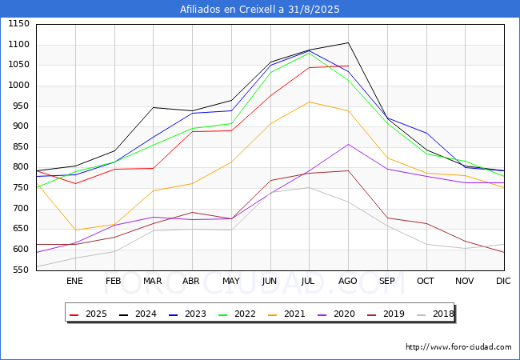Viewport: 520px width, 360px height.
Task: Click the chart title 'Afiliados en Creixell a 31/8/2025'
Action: pyautogui.click(x=260, y=10)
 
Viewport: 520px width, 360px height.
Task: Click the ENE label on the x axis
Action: pyautogui.click(x=74, y=281)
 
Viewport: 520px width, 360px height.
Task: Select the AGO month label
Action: pyautogui.click(x=348, y=281)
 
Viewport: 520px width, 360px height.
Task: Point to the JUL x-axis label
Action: pyautogui.click(x=309, y=281)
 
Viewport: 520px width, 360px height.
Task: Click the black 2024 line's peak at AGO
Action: pyautogui.click(x=348, y=42)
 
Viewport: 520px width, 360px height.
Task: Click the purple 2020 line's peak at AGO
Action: pyautogui.click(x=348, y=144)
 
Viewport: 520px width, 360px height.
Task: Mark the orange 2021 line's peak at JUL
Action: pyautogui.click(x=309, y=102)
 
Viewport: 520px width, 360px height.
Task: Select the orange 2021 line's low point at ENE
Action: pyautogui.click(x=74, y=230)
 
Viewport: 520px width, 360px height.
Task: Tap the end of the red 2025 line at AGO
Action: pyautogui.click(x=348, y=66)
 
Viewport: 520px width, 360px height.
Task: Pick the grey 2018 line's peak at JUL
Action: pyautogui.click(x=309, y=187)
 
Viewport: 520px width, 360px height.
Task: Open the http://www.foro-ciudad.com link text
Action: pyautogui.click(x=458, y=347)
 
